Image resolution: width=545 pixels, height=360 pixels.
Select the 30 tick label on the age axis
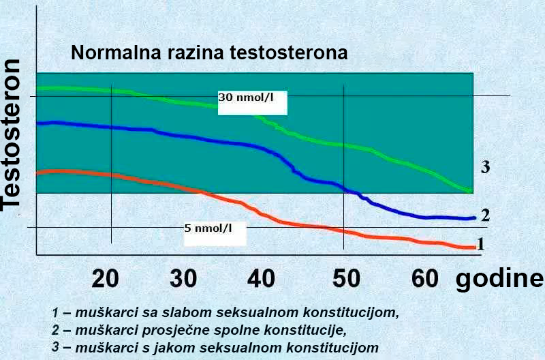tap(184, 278)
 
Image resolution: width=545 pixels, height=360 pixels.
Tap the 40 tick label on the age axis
tap(261, 278)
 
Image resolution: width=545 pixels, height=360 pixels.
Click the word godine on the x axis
tap(500, 280)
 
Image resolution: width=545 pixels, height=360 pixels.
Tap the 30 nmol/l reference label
tap(246, 97)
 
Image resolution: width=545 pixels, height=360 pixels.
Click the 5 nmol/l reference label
tap(208, 228)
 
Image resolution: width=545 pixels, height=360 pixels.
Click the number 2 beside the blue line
tap(485, 215)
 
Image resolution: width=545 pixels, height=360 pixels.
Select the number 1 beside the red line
tap(480, 243)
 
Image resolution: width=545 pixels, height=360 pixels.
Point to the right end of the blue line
tap(473, 218)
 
